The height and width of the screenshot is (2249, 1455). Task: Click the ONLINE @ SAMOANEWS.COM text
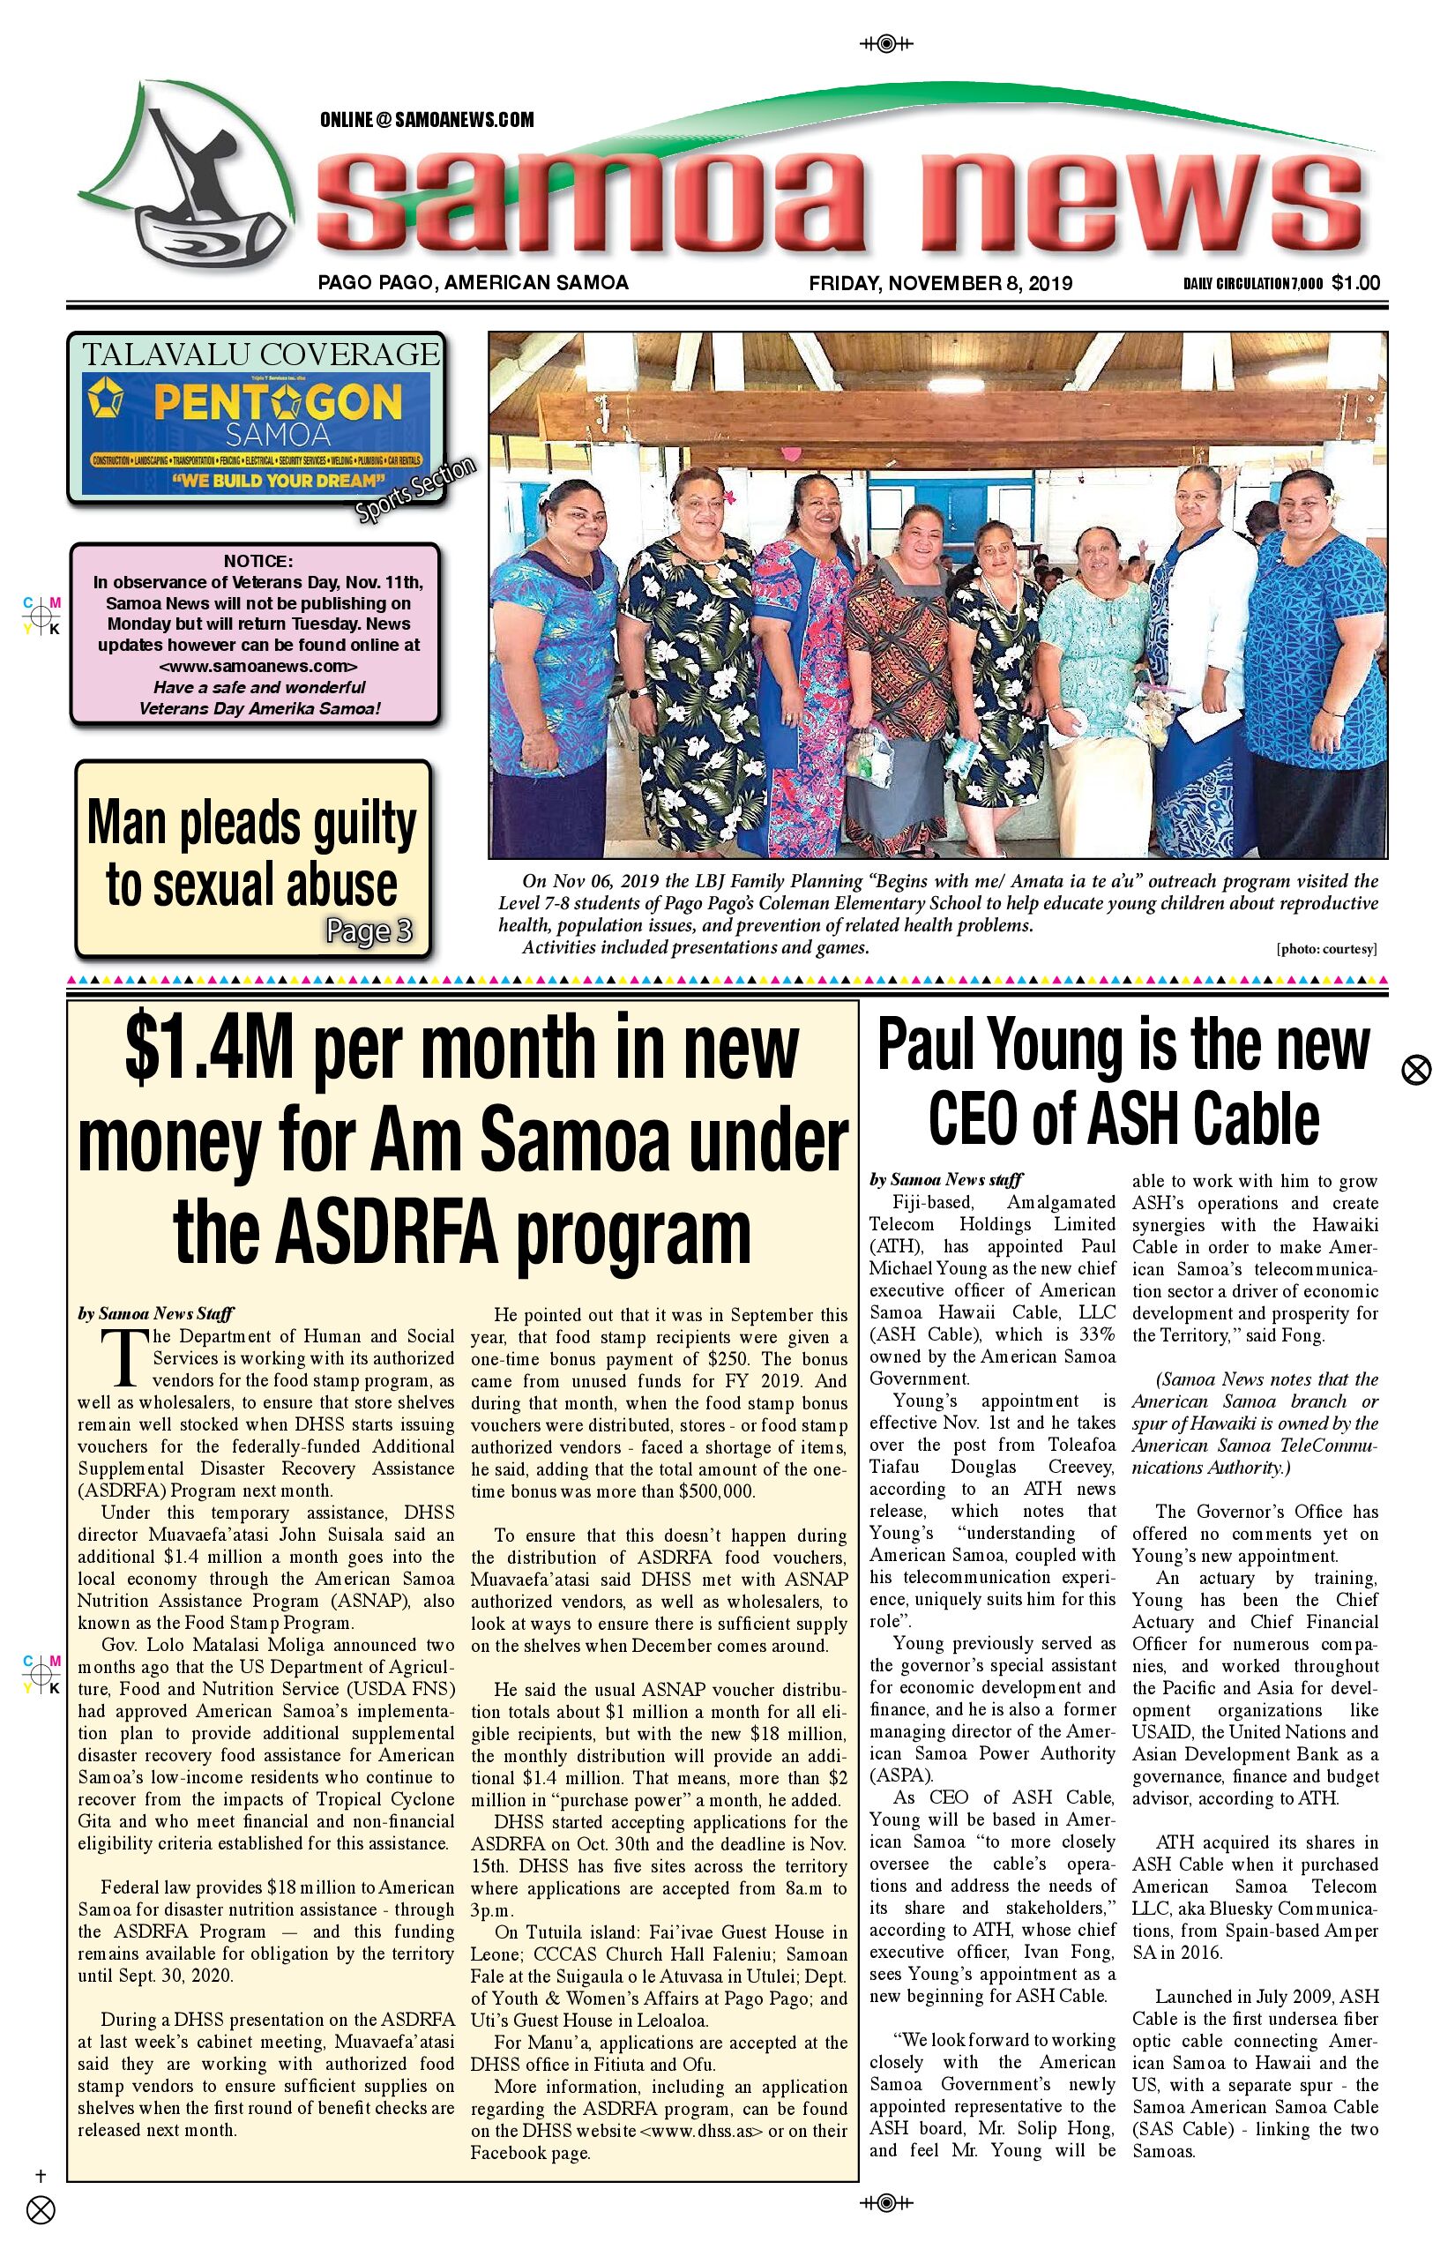point(427,120)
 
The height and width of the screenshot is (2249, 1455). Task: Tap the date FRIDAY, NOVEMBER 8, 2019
point(940,282)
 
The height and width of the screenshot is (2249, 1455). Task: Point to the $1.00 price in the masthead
point(1356,282)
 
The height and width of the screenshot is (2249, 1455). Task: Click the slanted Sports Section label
point(415,489)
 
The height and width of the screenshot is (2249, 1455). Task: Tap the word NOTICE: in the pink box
point(257,561)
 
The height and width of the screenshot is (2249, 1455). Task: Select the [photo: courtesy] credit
point(1325,949)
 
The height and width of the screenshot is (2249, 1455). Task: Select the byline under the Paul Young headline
point(944,1179)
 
